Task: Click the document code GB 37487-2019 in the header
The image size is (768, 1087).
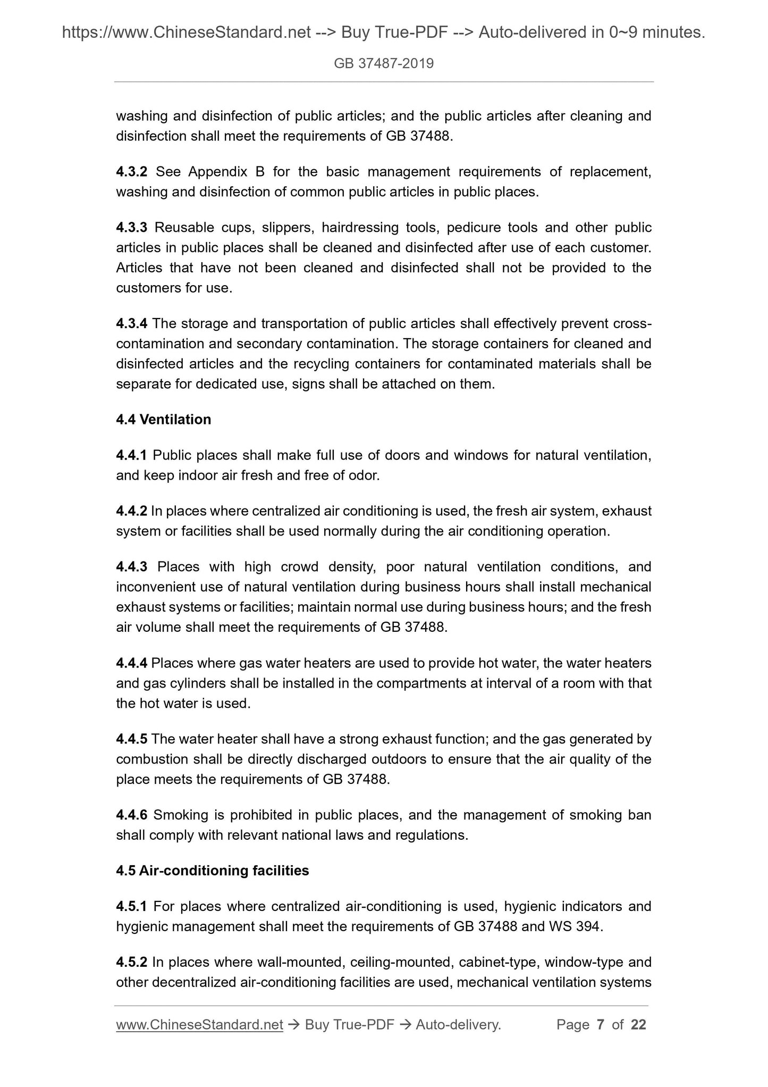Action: pyautogui.click(x=384, y=64)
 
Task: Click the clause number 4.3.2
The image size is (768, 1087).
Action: pyautogui.click(x=132, y=172)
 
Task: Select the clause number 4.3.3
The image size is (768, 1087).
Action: pyautogui.click(x=131, y=228)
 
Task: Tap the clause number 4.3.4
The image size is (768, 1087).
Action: pyautogui.click(x=131, y=323)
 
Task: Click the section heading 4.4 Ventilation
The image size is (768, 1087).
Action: pyautogui.click(x=163, y=420)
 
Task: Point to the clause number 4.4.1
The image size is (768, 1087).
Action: pyautogui.click(x=131, y=455)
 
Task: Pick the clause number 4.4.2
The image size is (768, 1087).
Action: pyautogui.click(x=131, y=511)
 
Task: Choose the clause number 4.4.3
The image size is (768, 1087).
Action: pyautogui.click(x=131, y=567)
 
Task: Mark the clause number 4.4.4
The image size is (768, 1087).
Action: pyautogui.click(x=131, y=663)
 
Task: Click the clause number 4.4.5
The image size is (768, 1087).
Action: pyautogui.click(x=131, y=739)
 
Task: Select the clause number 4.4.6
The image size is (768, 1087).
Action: pyautogui.click(x=131, y=815)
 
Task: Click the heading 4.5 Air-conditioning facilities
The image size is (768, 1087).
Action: pyautogui.click(x=212, y=871)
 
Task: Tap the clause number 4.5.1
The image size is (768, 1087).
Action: pyautogui.click(x=131, y=906)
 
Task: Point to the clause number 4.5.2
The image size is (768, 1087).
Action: pyautogui.click(x=131, y=962)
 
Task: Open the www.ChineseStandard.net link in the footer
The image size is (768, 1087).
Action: pyautogui.click(x=199, y=1025)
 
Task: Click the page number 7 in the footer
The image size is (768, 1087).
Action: pyautogui.click(x=601, y=1025)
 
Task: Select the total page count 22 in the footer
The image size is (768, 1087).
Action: pyautogui.click(x=638, y=1025)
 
